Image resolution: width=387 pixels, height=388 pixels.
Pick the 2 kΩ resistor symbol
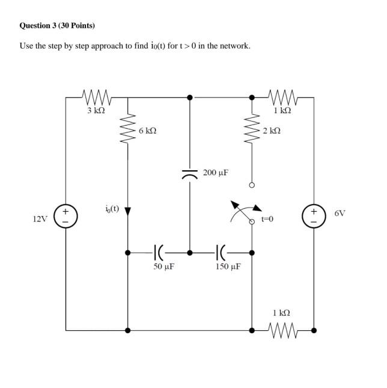coord(252,130)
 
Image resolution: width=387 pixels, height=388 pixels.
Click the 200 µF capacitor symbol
coord(190,175)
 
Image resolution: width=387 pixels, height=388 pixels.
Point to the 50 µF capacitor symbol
coord(159,253)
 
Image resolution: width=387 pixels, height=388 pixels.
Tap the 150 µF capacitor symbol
coord(221,253)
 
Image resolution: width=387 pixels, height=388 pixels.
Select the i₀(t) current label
coord(112,209)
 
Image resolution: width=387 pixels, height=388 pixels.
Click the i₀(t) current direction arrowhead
coord(127,212)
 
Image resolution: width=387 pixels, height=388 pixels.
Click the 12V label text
coord(40,219)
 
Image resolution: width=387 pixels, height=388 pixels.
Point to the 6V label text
coord(340,213)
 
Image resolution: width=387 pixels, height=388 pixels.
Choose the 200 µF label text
coord(216,173)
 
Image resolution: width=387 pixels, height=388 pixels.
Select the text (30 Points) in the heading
coord(78,26)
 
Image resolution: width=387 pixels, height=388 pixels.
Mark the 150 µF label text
coord(228,266)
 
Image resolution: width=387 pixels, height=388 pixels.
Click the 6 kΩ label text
coord(147,130)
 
